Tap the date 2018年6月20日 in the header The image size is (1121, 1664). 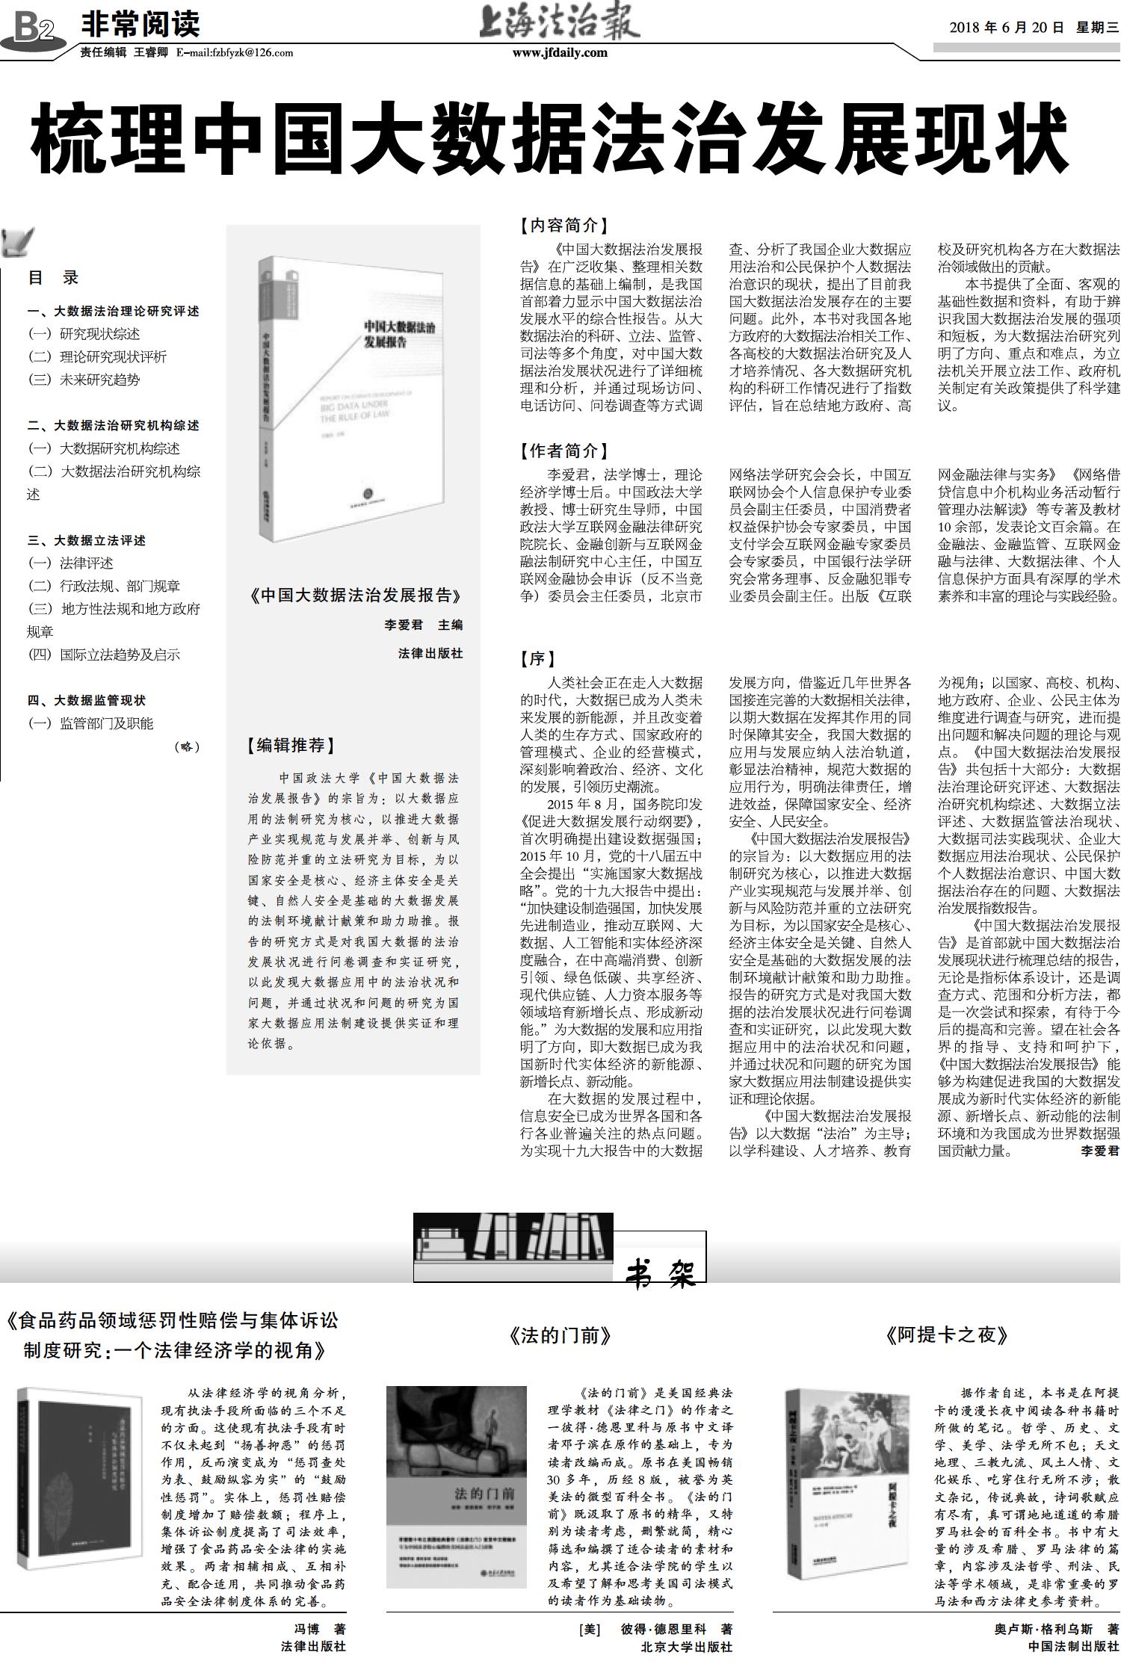click(1006, 28)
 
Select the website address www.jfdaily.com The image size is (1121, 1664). click(560, 52)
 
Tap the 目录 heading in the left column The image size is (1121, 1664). click(53, 278)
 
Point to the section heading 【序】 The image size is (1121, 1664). click(538, 658)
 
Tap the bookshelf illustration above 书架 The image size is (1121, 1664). click(513, 1236)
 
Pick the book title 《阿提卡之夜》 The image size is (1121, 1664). click(947, 1335)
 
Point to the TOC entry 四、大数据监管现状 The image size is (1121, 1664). click(87, 700)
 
